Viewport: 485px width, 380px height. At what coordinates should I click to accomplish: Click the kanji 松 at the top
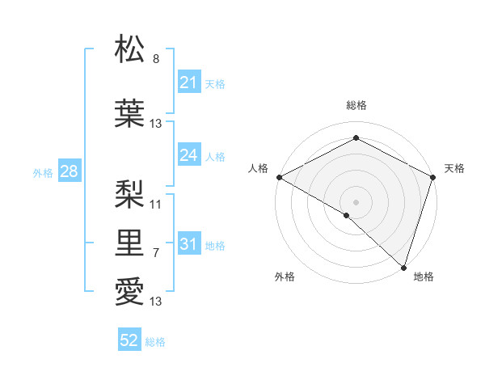130,49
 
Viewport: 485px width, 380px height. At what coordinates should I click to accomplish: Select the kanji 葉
130,112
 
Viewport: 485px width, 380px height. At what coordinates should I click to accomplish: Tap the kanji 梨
130,192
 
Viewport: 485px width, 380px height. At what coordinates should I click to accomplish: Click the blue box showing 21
188,82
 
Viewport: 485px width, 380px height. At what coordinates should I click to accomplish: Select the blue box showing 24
188,155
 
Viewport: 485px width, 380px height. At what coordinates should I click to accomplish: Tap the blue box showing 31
188,244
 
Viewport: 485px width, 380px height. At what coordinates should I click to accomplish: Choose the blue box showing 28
68,171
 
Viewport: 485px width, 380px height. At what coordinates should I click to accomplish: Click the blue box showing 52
129,340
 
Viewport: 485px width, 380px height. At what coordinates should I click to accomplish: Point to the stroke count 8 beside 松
156,59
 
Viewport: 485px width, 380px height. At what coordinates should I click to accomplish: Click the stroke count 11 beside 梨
156,204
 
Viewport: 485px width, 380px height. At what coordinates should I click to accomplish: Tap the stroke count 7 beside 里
156,253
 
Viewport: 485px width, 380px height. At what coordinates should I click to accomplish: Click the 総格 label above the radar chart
356,105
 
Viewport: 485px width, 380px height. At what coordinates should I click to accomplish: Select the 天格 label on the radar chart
454,168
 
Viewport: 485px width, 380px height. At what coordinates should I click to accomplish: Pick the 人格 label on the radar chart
258,168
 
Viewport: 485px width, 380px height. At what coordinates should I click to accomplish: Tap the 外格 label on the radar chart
284,277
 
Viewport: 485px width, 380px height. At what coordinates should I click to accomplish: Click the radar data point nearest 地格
403,266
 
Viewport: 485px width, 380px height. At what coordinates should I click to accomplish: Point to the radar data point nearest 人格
278,177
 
